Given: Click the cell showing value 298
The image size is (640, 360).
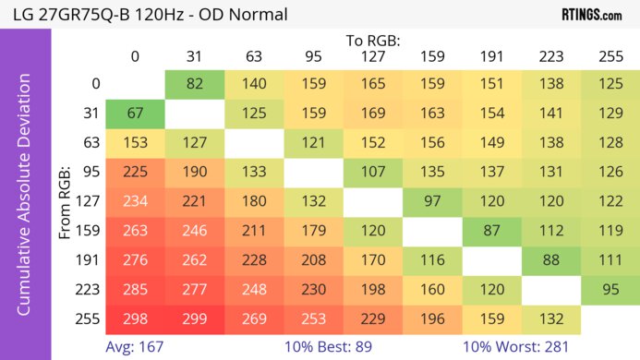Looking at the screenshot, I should (x=135, y=318).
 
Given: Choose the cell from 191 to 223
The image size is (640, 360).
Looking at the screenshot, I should (x=551, y=259).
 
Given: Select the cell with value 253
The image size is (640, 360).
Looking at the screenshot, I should (x=314, y=318).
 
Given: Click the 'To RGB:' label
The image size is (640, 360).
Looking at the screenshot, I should (x=373, y=41).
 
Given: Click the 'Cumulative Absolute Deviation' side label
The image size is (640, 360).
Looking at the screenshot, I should (x=26, y=201).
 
